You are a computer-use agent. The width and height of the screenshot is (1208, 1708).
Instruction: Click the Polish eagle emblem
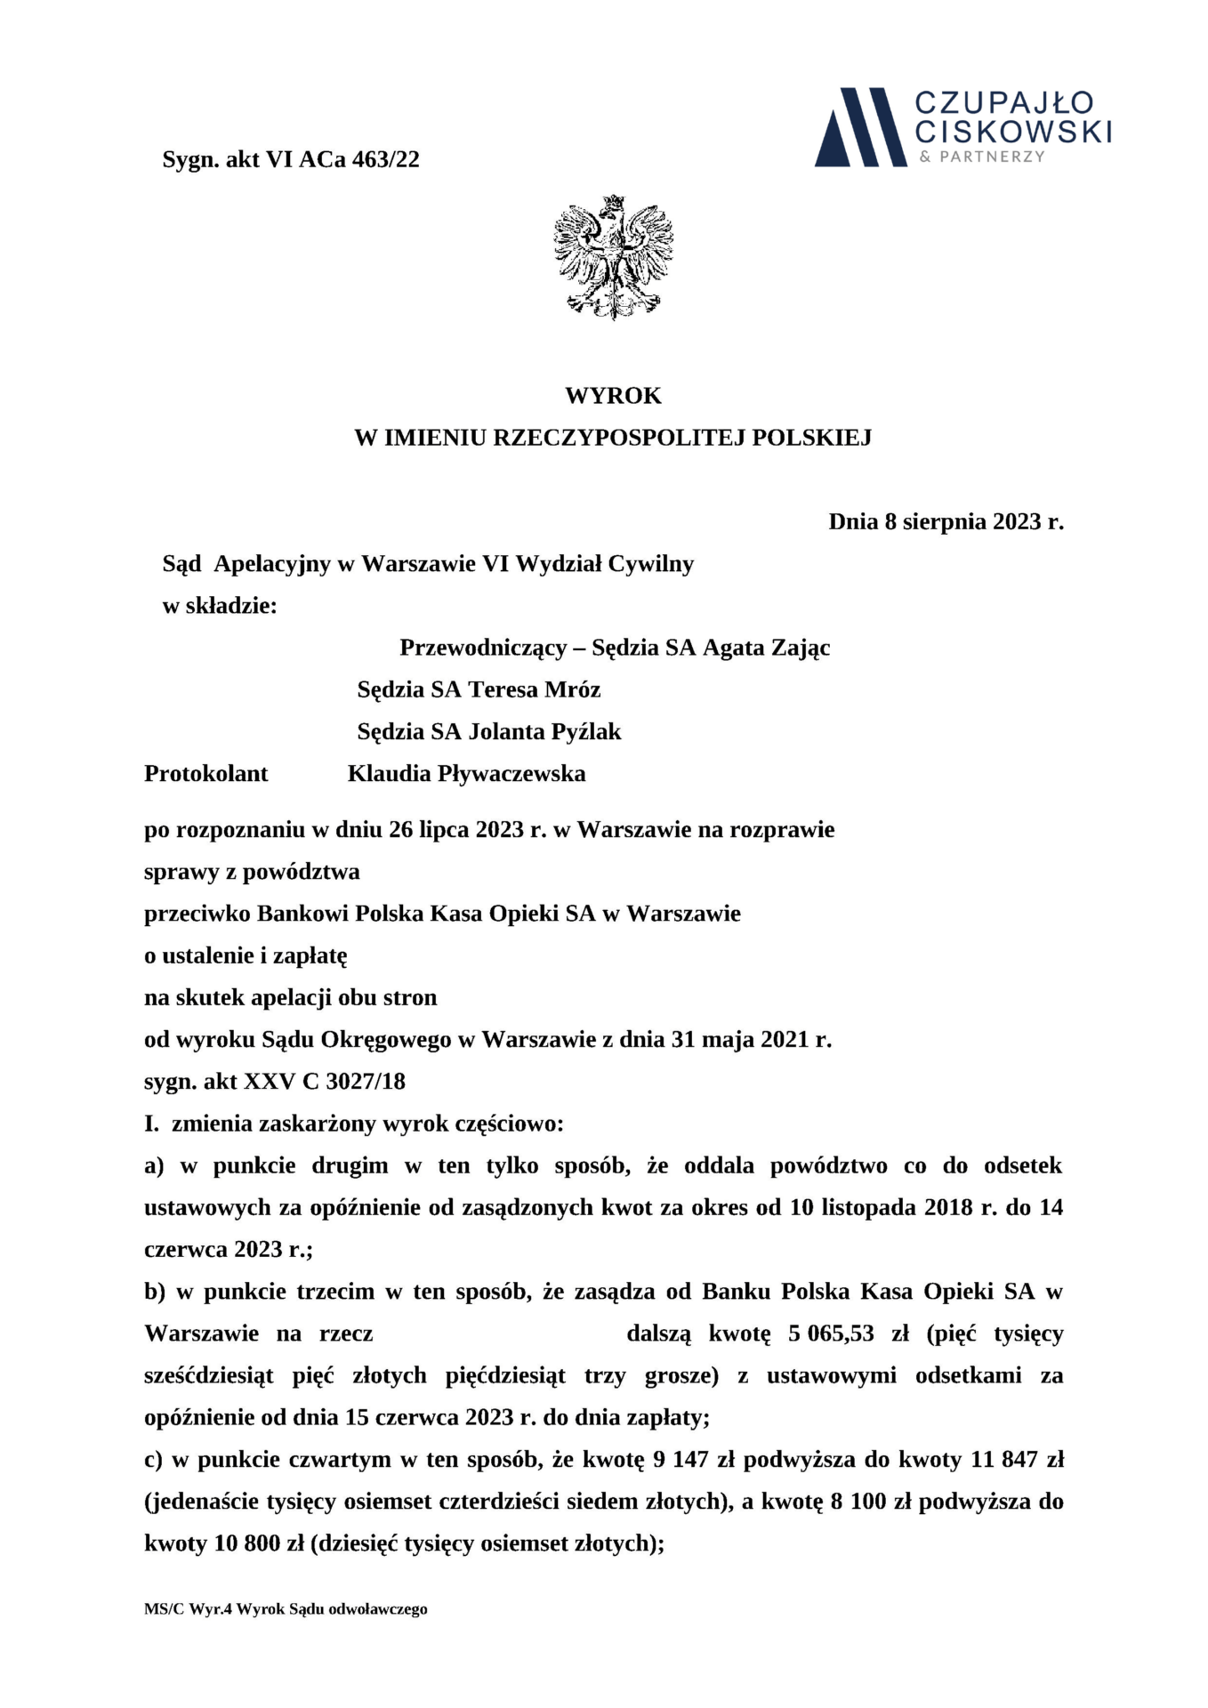(x=613, y=257)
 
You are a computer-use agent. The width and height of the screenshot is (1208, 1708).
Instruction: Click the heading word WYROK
(x=613, y=395)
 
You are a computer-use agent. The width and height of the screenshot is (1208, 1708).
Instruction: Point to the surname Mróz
(x=573, y=689)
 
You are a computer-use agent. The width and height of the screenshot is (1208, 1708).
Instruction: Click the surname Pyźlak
(x=590, y=731)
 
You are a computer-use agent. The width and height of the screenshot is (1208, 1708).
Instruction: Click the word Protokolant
(x=205, y=773)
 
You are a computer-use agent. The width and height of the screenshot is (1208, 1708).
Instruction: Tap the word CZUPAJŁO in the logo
(x=1004, y=102)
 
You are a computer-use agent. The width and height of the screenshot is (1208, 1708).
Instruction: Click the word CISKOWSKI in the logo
(x=1013, y=132)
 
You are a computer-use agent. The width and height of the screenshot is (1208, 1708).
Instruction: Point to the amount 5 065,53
(x=831, y=1333)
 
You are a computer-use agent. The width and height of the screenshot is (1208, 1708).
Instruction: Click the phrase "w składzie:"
(x=220, y=606)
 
